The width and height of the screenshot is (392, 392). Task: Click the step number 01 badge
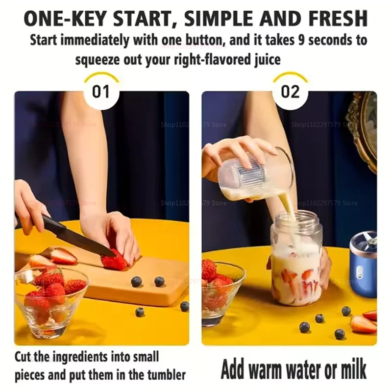coord(101,92)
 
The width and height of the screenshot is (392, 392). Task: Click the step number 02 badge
coord(290,92)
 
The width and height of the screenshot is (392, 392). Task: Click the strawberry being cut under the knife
coord(114,261)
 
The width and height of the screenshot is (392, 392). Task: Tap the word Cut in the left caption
coord(24,356)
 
